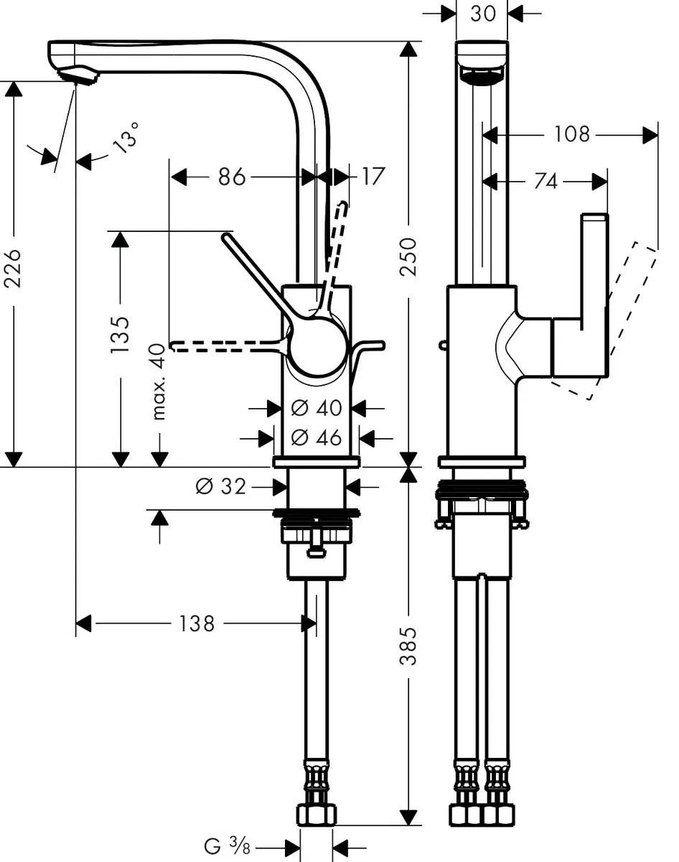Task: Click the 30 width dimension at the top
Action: click(482, 13)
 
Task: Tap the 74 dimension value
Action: click(545, 182)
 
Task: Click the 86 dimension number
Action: click(232, 177)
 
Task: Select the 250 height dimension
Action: click(408, 256)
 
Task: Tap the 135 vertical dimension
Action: click(121, 334)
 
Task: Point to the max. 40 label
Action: click(159, 381)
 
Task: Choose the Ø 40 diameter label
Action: click(316, 408)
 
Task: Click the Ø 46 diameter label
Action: click(316, 437)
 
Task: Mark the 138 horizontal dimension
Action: click(196, 623)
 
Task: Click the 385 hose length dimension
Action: click(408, 646)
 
